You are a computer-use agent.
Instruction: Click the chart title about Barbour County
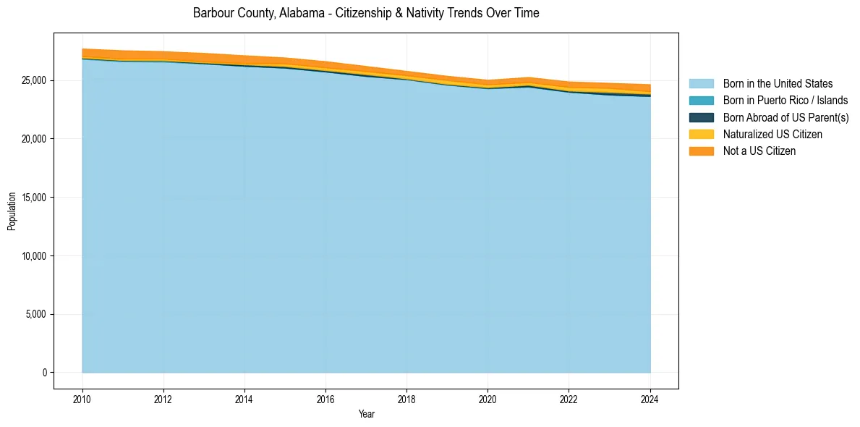366,13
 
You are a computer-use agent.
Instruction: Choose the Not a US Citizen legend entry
759,151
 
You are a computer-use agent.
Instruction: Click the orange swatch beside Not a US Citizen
701,151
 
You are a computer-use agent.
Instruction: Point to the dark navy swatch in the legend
701,117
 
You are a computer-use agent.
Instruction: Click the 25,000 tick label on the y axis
35,80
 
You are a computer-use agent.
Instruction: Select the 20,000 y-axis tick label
35,139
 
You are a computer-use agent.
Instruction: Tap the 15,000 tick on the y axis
35,198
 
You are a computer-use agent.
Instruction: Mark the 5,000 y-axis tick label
37,315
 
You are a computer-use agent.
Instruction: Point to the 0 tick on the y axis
44,373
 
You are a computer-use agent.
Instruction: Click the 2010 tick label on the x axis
82,397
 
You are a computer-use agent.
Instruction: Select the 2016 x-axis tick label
325,397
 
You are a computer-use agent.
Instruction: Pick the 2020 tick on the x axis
488,397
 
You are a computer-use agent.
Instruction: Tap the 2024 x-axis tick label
650,397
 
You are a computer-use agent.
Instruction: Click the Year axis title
366,414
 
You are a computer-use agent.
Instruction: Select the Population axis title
12,211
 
